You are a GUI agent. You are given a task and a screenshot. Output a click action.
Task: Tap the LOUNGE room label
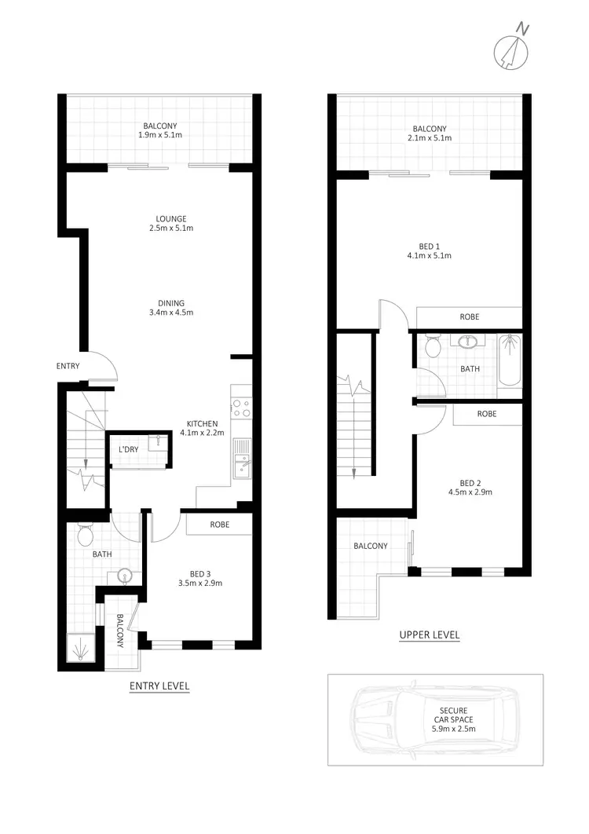(170, 218)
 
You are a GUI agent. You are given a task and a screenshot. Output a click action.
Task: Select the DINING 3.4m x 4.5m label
(170, 308)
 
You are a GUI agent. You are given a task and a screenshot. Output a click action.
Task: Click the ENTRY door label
(68, 366)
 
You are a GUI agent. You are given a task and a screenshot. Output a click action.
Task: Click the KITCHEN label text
(202, 424)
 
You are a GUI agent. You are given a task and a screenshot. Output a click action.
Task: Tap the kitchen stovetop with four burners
(241, 408)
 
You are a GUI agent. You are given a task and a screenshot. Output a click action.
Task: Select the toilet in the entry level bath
(86, 536)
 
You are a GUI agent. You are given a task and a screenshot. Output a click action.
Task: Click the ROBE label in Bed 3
(219, 524)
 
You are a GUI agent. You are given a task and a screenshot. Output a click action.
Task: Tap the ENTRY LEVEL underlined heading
(159, 686)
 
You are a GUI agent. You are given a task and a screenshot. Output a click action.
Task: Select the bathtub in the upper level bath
(510, 360)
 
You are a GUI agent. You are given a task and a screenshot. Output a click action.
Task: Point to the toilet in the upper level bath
(431, 346)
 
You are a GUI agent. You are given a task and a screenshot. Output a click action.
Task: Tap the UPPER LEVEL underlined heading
(429, 635)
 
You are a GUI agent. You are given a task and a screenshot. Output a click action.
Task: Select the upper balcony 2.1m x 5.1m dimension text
(430, 138)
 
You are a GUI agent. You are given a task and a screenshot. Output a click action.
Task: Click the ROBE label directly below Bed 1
(469, 317)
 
